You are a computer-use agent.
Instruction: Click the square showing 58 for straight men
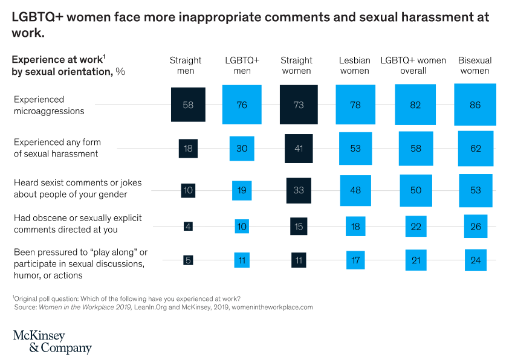pyautogui.click(x=188, y=105)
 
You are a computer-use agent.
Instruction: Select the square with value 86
pyautogui.click(x=475, y=105)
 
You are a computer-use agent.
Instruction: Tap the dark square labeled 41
pyautogui.click(x=299, y=149)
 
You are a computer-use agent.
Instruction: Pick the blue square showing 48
pyautogui.click(x=355, y=190)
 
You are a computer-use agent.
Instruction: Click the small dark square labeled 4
pyautogui.click(x=188, y=226)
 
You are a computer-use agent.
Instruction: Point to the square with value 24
pyautogui.click(x=475, y=260)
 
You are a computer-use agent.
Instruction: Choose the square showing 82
pyautogui.click(x=416, y=105)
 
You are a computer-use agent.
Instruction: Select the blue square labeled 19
pyautogui.click(x=242, y=190)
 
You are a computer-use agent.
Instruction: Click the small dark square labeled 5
pyautogui.click(x=188, y=260)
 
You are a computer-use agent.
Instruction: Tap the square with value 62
pyautogui.click(x=475, y=149)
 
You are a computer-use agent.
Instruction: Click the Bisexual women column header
pyautogui.click(x=475, y=65)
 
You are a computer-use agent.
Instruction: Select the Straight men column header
pyautogui.click(x=186, y=65)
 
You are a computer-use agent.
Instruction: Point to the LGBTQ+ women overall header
pyautogui.click(x=413, y=65)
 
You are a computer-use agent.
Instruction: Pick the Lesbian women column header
pyautogui.click(x=355, y=65)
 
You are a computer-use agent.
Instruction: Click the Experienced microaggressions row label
pyautogui.click(x=48, y=105)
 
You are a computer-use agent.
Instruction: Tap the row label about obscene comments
pyautogui.click(x=77, y=223)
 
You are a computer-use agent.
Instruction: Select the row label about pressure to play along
pyautogui.click(x=80, y=263)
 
